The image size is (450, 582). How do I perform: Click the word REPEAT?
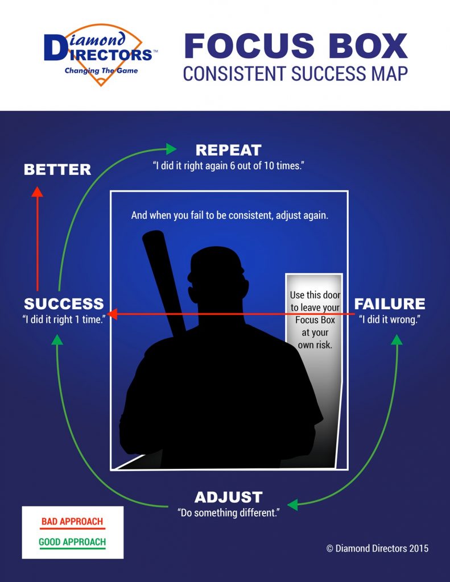[x=229, y=150]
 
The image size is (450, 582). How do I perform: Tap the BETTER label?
[x=57, y=169]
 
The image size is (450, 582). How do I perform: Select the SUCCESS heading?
[x=64, y=304]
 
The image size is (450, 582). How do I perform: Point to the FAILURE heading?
[x=390, y=304]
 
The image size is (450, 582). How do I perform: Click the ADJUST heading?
[x=229, y=497]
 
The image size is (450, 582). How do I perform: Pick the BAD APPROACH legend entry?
[x=72, y=522]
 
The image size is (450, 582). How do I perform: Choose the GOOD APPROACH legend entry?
[x=72, y=542]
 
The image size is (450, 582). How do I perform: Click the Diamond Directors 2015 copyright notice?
[x=378, y=548]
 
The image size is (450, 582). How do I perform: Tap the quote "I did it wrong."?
[x=390, y=319]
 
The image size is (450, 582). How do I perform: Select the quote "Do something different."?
[x=229, y=513]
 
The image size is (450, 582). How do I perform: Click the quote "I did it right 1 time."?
[x=64, y=319]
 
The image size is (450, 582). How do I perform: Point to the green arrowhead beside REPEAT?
[x=171, y=149]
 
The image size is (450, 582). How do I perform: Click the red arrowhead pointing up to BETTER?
[x=37, y=192]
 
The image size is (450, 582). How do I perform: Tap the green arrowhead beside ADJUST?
[x=293, y=505]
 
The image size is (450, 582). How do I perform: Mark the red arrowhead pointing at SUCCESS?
[x=112, y=314]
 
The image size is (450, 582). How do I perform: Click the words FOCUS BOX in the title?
[x=296, y=46]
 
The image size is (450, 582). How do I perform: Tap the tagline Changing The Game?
[x=101, y=70]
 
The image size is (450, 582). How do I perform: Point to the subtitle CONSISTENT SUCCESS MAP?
[x=295, y=73]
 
